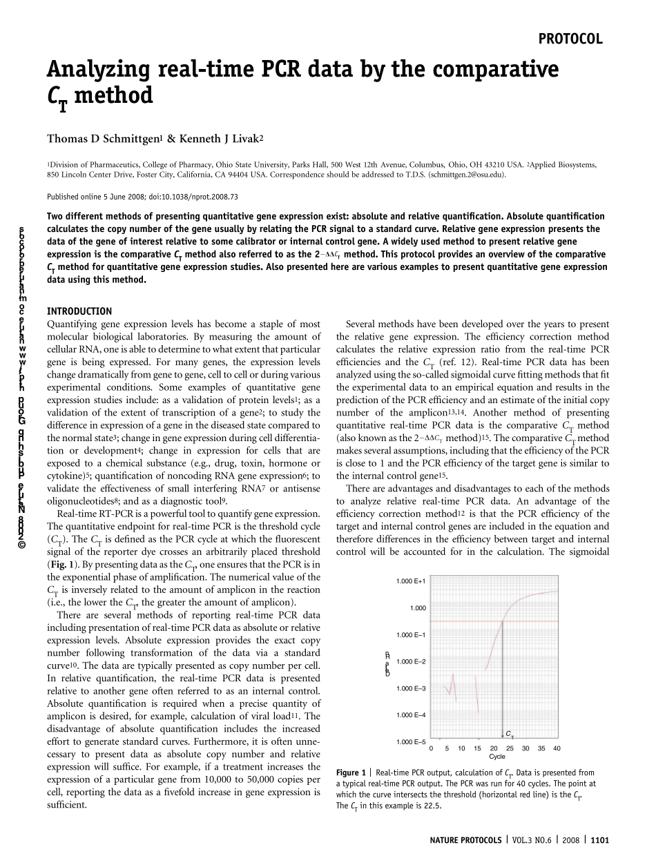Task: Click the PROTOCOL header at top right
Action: (570, 39)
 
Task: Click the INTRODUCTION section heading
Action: (79, 311)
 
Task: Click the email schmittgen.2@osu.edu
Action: (467, 175)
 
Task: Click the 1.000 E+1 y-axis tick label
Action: (411, 581)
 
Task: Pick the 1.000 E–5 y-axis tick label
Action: (411, 742)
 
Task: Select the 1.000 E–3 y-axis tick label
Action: (411, 688)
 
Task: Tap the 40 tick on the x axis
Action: (557, 748)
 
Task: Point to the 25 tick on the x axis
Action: (510, 748)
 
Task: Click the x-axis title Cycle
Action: (497, 757)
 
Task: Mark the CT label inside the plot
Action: (510, 733)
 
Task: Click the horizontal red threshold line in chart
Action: (470, 621)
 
